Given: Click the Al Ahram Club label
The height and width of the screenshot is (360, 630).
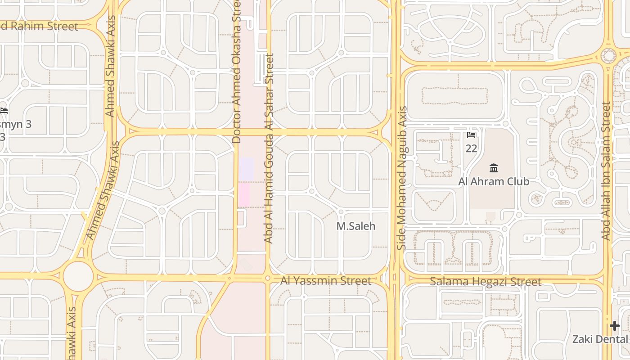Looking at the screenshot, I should pos(494,181).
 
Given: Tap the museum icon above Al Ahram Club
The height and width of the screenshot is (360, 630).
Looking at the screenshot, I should pos(494,168).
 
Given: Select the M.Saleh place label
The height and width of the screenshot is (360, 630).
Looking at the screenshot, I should pos(355,226).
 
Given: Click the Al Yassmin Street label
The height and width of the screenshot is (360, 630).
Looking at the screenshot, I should pos(326,281).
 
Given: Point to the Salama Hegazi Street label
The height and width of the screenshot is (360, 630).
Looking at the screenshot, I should pos(485,282).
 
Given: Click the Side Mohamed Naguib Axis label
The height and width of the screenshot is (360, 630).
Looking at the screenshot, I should pos(402,178).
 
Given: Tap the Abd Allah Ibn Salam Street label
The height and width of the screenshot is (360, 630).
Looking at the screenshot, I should pos(606,171).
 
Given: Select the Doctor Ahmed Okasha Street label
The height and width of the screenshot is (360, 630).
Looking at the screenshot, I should pos(237,72).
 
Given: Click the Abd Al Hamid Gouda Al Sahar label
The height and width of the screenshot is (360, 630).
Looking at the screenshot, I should pos(269,148).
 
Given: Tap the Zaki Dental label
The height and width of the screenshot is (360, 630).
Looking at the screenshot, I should pos(600,339).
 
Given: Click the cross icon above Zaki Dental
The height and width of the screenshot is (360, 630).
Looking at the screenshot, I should pos(615,326).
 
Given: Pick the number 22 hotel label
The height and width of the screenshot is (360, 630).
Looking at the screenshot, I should pos(471,148).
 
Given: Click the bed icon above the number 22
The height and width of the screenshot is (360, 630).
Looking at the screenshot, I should pos(471,135).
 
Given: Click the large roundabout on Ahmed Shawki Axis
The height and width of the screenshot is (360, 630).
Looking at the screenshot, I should pos(78,276).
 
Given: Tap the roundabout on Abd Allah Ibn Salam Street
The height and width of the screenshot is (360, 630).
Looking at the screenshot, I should pos(608,56).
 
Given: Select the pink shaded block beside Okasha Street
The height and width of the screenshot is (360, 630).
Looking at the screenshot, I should pos(243,194).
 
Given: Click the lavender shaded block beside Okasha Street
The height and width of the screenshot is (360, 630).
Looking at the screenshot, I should pos(246,168).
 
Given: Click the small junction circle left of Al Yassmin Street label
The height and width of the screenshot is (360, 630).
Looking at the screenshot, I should pos(268,279).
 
